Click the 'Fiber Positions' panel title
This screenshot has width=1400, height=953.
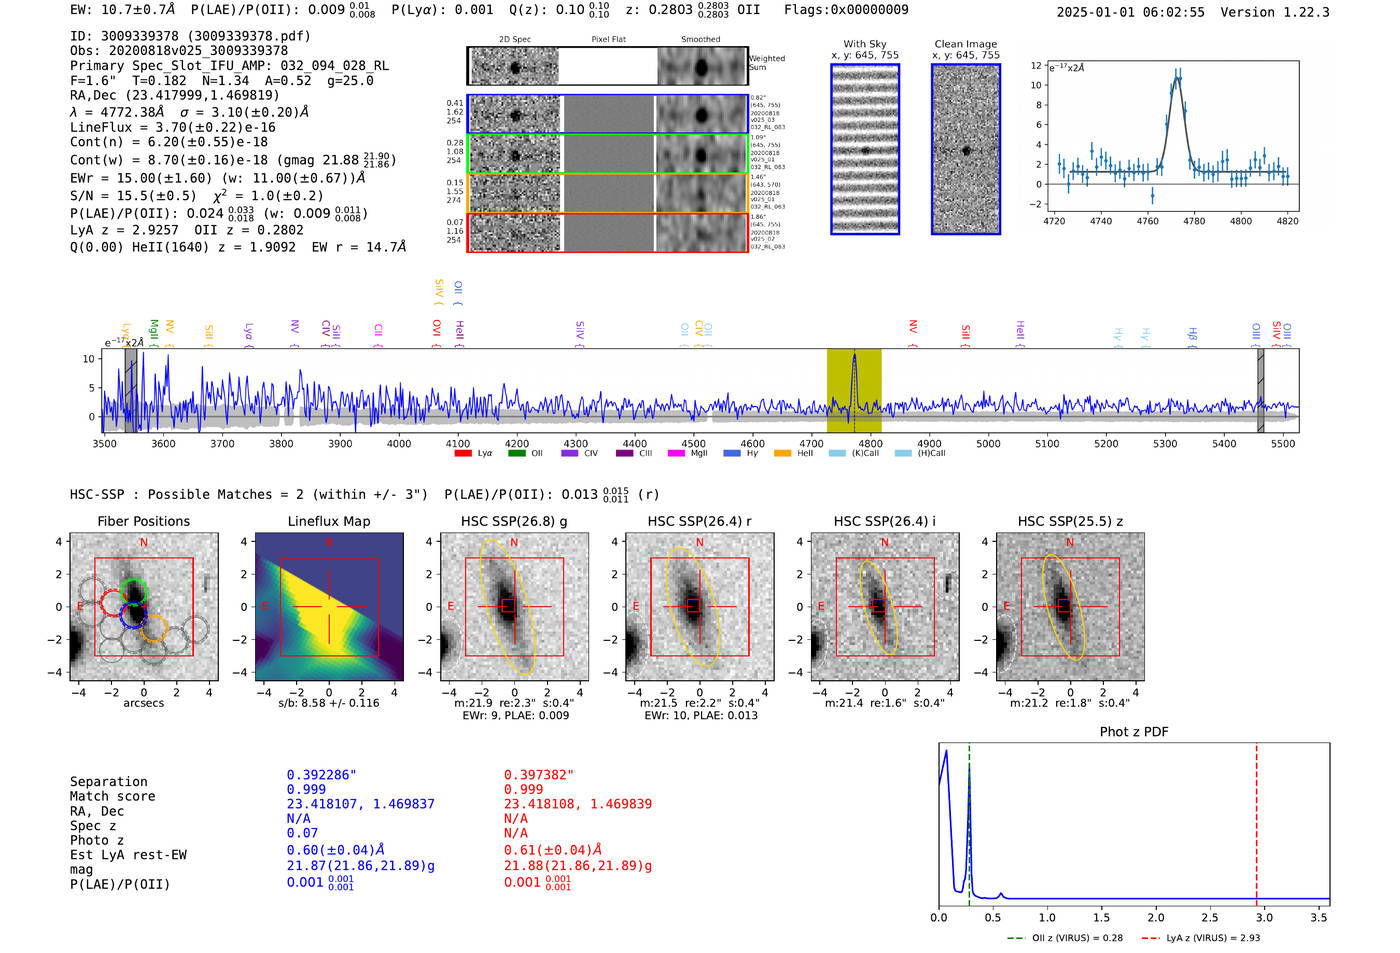[143, 521]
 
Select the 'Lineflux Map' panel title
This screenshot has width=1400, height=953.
[328, 521]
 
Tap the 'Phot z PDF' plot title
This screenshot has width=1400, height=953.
[1133, 732]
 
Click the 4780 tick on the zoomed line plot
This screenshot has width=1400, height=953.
[1194, 221]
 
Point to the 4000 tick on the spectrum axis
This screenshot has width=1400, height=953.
[399, 443]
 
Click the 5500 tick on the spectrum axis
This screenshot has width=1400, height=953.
[1282, 443]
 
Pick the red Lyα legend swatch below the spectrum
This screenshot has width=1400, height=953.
[463, 454]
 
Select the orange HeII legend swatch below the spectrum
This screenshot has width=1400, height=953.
[782, 454]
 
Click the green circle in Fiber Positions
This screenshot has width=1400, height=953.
[133, 590]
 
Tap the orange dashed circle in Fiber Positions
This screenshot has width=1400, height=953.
[153, 628]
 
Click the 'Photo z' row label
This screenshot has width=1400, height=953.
[97, 840]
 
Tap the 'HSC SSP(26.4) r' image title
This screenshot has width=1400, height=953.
[699, 521]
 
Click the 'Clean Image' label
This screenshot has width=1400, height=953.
[965, 44]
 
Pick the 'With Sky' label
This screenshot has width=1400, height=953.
[864, 44]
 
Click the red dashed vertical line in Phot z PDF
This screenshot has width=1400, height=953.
[1256, 820]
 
